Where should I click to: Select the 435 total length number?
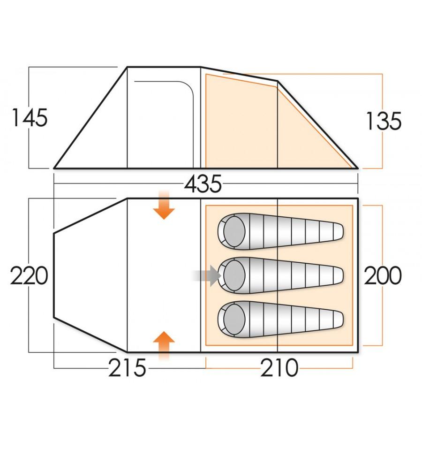(x=203, y=184)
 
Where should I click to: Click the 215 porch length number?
(x=128, y=368)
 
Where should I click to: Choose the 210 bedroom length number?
(x=280, y=368)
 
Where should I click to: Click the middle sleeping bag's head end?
(x=233, y=275)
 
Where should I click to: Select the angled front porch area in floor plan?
(x=89, y=275)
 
